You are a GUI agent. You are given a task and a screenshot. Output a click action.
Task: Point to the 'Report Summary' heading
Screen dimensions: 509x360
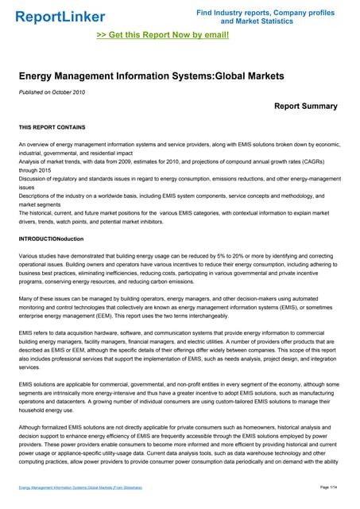305,106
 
